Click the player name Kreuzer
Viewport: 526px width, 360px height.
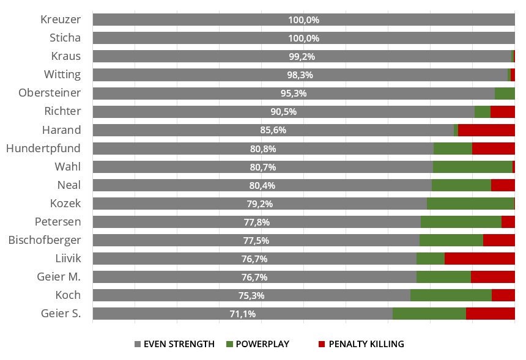click(x=60, y=20)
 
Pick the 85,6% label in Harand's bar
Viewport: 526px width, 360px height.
click(x=273, y=130)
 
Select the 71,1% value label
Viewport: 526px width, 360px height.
click(x=243, y=314)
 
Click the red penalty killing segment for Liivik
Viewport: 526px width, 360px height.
click(x=480, y=259)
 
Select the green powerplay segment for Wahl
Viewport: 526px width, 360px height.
click(x=473, y=167)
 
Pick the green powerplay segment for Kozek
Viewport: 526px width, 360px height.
click(x=470, y=204)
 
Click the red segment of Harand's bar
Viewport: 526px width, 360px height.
click(x=486, y=130)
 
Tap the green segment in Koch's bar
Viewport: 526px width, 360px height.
click(x=451, y=295)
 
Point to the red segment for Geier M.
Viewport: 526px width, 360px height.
click(x=493, y=277)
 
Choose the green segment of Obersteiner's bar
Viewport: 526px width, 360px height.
click(x=505, y=94)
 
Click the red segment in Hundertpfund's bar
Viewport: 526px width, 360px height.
click(x=494, y=149)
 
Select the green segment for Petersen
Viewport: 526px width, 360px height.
click(x=461, y=222)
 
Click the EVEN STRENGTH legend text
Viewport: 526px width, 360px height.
click(x=179, y=344)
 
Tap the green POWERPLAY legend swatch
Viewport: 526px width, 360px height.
click(x=229, y=344)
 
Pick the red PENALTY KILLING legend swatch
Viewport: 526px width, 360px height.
click(x=321, y=344)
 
